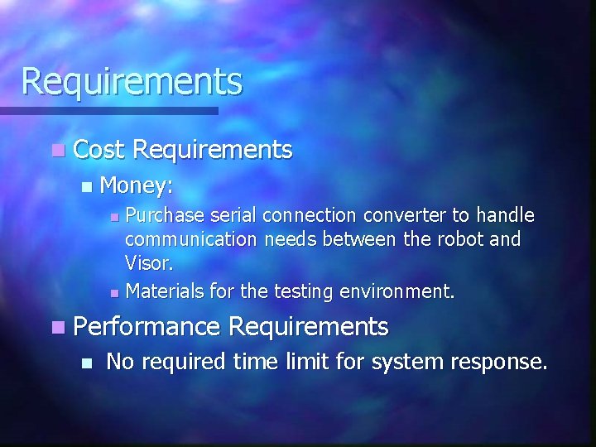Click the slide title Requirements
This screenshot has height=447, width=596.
coord(132,82)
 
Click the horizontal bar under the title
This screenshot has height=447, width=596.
coord(108,110)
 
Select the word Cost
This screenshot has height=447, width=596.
coord(99,150)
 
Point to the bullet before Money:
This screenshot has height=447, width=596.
coord(87,187)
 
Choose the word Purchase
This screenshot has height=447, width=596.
coord(165,216)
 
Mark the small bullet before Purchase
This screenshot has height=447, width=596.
coord(115,218)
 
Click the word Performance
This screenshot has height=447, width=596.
coord(147,327)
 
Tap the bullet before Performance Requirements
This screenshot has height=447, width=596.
coord(56,328)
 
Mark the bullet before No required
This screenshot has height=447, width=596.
coord(87,363)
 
